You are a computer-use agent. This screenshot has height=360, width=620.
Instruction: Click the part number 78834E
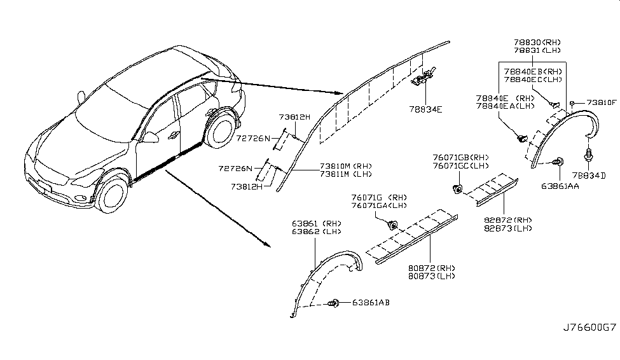[x=425, y=109]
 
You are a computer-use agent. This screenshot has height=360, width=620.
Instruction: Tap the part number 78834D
[x=588, y=175]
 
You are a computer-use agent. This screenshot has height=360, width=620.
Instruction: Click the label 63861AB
[x=370, y=303]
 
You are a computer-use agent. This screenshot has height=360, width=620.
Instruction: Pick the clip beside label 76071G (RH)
[x=392, y=224]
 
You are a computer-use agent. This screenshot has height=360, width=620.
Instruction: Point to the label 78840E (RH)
[x=499, y=99]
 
